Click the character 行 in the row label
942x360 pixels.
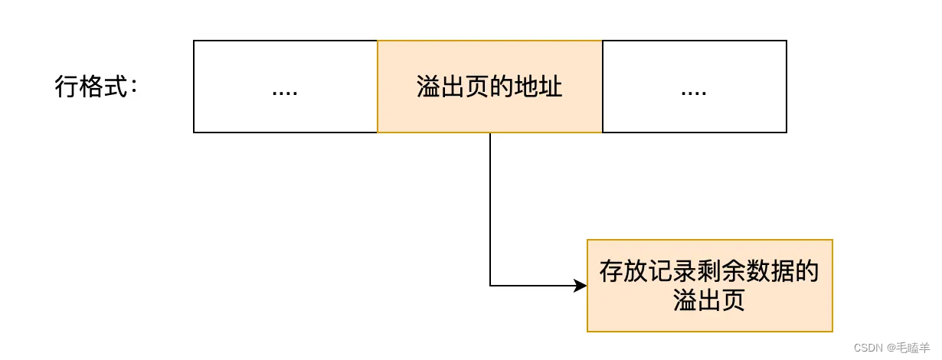67,87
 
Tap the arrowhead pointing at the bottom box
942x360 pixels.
581,286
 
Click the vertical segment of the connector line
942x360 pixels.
490,207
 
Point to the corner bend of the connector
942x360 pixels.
490,286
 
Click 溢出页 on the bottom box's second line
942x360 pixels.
709,300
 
